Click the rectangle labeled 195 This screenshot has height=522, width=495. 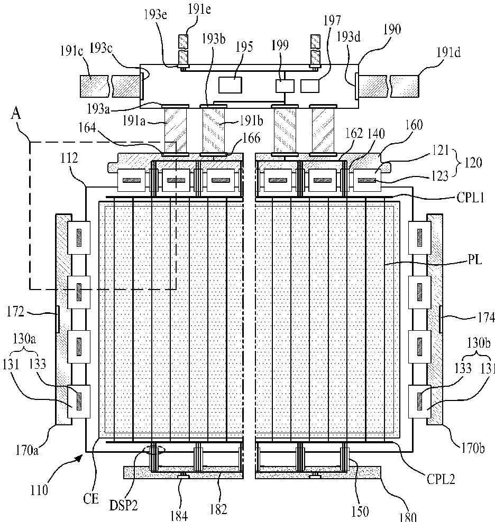[230, 85]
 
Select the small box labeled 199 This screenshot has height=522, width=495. [285, 86]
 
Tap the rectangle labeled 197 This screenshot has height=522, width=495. [310, 86]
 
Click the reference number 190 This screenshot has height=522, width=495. [392, 30]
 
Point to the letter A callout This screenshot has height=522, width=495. [16, 114]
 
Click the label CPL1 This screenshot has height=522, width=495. [470, 198]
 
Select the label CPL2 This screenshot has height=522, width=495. [441, 479]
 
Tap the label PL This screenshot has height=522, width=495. [475, 259]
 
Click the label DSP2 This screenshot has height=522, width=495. [123, 505]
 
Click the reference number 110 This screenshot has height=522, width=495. [39, 490]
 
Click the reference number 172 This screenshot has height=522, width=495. [15, 312]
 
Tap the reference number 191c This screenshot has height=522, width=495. [72, 52]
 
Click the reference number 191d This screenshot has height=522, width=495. [448, 53]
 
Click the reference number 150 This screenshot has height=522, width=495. [360, 511]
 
